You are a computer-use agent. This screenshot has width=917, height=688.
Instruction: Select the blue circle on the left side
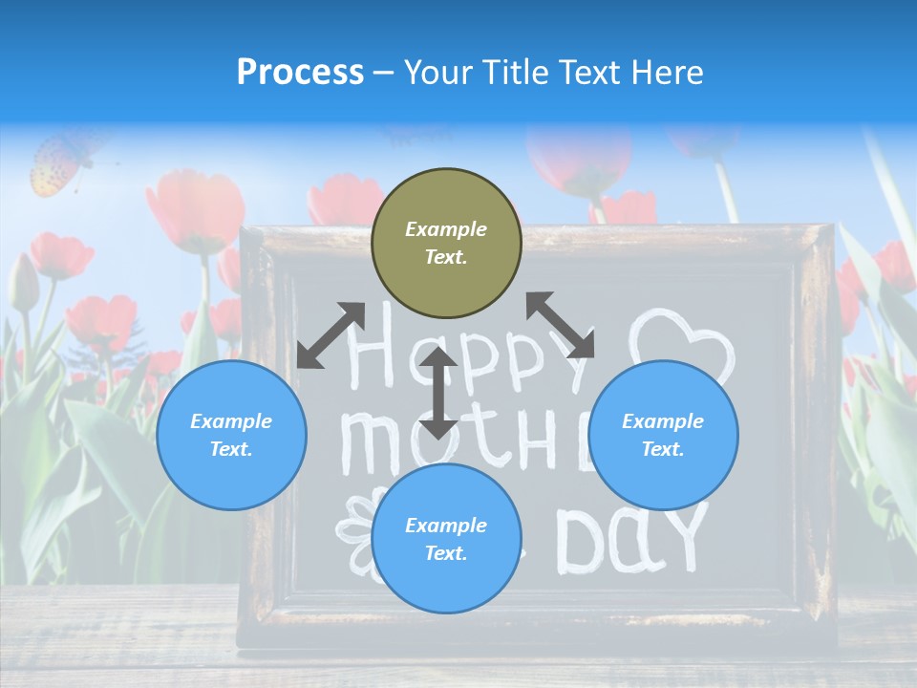pyautogui.click(x=231, y=435)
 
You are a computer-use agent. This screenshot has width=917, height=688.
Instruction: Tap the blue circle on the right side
pyautogui.click(x=663, y=435)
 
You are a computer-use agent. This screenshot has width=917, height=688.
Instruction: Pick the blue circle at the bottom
pyautogui.click(x=446, y=538)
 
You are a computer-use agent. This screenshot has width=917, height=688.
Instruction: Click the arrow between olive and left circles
pyautogui.click(x=331, y=335)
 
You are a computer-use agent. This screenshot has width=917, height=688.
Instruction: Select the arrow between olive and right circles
pyautogui.click(x=561, y=325)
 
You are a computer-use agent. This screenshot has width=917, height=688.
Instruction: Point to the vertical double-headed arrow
pyautogui.click(x=438, y=393)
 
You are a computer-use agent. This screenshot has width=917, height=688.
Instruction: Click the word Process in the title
pyautogui.click(x=300, y=72)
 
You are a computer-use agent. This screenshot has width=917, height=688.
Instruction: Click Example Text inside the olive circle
pyautogui.click(x=446, y=243)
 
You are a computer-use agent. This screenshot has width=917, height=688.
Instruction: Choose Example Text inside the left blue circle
pyautogui.click(x=231, y=435)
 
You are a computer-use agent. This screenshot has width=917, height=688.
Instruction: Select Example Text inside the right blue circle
pyautogui.click(x=663, y=435)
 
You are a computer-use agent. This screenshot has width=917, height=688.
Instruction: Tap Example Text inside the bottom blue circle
pyautogui.click(x=446, y=539)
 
